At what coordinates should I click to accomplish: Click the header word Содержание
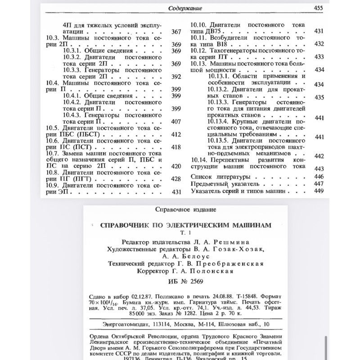tap(185, 8)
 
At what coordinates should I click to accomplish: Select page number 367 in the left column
tap(176, 32)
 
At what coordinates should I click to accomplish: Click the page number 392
tap(176, 76)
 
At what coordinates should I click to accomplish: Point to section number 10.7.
tap(54, 153)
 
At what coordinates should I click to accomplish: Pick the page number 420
tap(176, 166)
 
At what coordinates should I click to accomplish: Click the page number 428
tap(176, 179)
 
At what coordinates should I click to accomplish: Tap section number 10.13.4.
tap(219, 121)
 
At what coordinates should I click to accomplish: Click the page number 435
tap(319, 97)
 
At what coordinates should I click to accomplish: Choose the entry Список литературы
tap(220, 176)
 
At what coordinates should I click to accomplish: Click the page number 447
tap(319, 184)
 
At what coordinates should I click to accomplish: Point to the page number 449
tap(319, 191)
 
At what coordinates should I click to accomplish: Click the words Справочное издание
tap(185, 209)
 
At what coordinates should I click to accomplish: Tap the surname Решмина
tap(239, 242)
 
